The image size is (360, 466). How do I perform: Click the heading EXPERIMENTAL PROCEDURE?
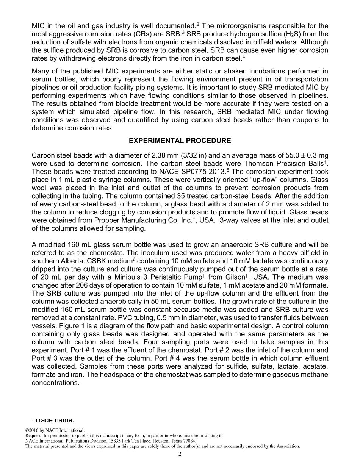coord(180,141)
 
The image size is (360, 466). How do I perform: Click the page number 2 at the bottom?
coord(180,454)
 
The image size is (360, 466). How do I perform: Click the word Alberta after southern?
coord(73,261)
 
